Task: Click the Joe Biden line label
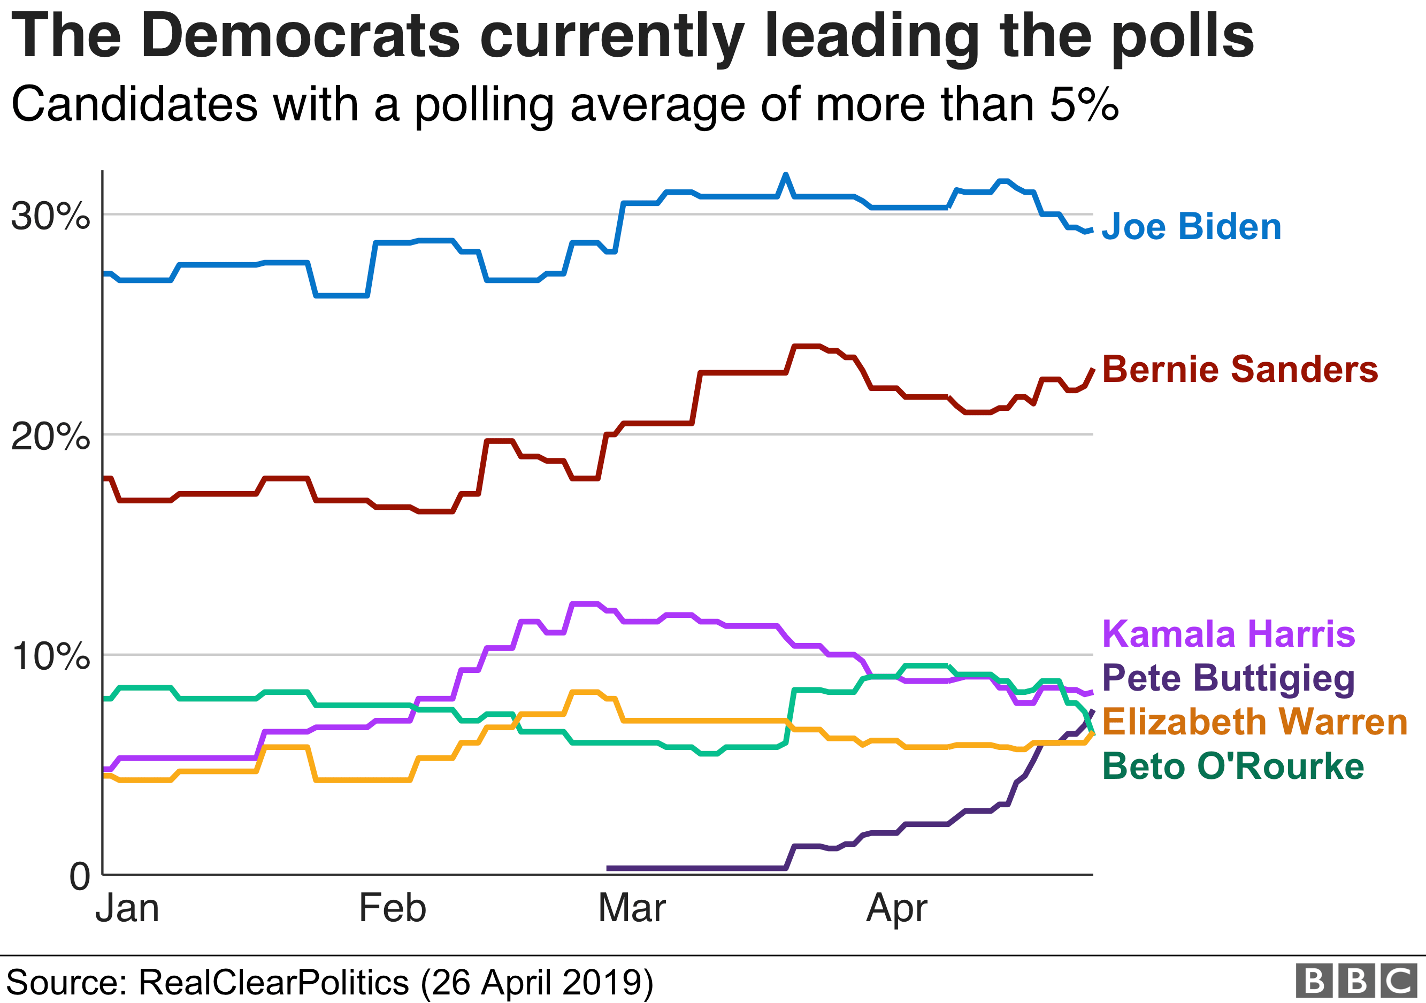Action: coord(1191,227)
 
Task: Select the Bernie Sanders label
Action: coord(1240,370)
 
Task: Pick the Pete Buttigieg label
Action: coord(1228,678)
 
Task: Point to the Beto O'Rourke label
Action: coord(1232,766)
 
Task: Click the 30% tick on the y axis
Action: coord(50,217)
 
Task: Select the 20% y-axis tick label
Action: coord(50,437)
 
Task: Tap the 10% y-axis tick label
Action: coord(50,656)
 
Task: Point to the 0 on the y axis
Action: coord(80,877)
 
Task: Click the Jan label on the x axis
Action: coord(127,909)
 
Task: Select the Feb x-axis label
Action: coord(393,909)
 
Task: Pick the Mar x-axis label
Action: coord(632,909)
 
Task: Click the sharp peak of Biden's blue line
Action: coord(786,175)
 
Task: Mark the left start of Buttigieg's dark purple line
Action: coord(609,868)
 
